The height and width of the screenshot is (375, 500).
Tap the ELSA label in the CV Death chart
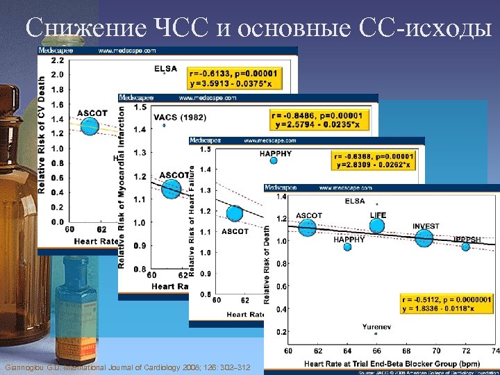pos(166,68)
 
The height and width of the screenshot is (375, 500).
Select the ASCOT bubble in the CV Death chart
pos(90,126)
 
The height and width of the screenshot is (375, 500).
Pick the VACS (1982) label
pos(179,117)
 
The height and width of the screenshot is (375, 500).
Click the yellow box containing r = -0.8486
pos(317,119)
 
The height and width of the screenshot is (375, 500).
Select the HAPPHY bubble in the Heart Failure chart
pos(274,160)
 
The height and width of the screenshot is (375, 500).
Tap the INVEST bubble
pos(424,238)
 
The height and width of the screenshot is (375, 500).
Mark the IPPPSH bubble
pos(465,247)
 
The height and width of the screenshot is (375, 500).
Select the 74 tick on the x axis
pos(494,349)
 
